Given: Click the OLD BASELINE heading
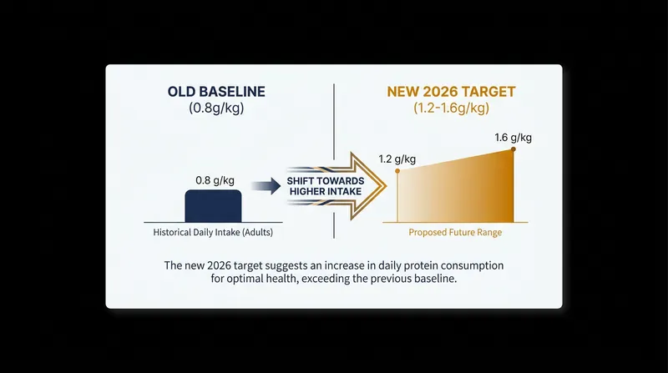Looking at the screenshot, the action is (x=216, y=92).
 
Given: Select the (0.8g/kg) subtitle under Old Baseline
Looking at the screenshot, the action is (x=216, y=108).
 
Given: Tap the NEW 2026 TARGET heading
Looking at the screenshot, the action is (x=451, y=92).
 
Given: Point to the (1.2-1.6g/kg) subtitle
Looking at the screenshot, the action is (x=451, y=108).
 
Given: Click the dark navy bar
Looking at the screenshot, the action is (x=213, y=206).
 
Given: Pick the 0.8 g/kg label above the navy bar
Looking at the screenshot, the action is (x=215, y=180).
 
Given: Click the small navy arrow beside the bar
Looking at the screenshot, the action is (x=266, y=186).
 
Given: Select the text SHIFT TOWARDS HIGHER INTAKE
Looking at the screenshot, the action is (x=326, y=186).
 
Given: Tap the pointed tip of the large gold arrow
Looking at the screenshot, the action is (x=386, y=186).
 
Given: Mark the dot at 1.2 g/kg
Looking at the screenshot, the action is (x=397, y=171).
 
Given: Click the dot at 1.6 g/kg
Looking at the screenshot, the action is (x=514, y=149).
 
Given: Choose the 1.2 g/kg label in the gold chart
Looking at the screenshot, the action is (x=397, y=159).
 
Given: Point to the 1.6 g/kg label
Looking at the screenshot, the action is (x=513, y=138).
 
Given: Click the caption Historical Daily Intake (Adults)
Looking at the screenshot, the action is (x=213, y=233).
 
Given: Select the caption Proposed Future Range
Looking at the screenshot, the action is (x=455, y=233).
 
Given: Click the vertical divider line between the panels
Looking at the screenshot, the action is (x=334, y=161).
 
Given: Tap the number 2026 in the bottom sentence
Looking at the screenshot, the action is (x=219, y=265).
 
